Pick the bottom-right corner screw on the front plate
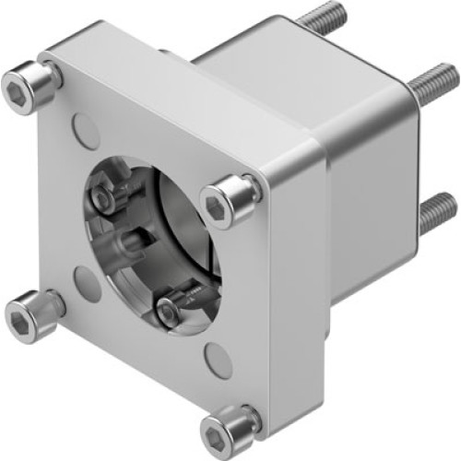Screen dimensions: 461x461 pos(227,430)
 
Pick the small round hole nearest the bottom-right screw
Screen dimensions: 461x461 pos(218,360)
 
